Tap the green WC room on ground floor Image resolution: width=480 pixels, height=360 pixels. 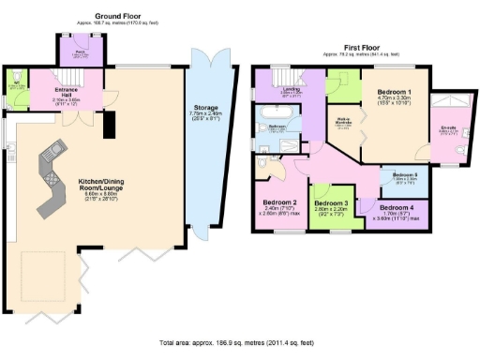(15, 84)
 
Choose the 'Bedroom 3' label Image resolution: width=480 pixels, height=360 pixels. (331, 203)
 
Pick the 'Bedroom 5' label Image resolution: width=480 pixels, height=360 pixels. (403, 175)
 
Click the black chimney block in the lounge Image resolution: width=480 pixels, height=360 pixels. (108, 123)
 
